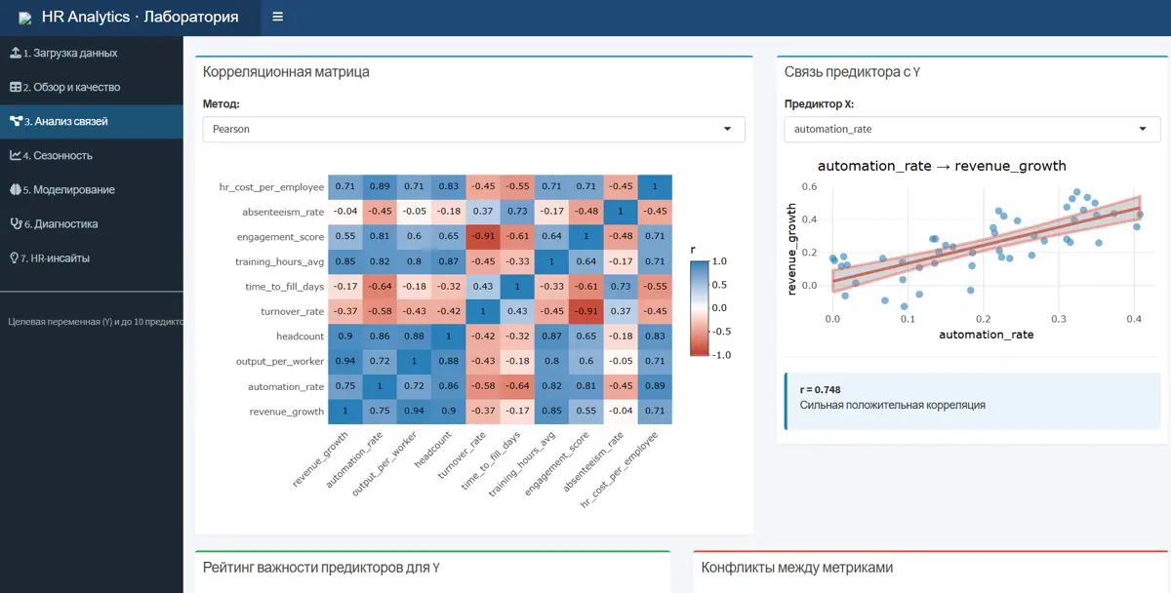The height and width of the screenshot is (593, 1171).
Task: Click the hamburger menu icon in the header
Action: (277, 17)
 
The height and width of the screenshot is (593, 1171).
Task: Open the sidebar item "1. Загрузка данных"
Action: (63, 53)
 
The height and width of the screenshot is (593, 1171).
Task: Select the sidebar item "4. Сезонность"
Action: (51, 155)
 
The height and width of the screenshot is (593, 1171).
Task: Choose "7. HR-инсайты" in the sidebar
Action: (50, 258)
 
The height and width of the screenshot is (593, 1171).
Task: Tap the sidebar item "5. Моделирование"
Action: (62, 189)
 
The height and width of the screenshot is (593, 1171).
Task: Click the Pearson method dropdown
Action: (473, 129)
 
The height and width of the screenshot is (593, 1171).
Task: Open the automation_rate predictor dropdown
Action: (972, 129)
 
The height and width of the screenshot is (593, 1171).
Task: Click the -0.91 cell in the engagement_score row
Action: (483, 236)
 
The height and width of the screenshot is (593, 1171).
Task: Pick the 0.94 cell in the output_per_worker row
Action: (345, 361)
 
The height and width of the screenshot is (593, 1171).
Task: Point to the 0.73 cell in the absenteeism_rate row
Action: (517, 211)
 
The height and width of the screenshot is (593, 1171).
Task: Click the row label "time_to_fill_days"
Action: (284, 287)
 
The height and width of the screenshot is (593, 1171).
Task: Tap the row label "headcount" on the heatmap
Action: (301, 336)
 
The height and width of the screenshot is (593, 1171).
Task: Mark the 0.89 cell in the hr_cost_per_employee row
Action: (380, 186)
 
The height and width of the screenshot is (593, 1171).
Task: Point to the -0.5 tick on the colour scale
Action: (721, 332)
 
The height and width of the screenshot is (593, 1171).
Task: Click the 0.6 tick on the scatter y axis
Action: (809, 186)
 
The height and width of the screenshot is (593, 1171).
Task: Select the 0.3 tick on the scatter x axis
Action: (1059, 319)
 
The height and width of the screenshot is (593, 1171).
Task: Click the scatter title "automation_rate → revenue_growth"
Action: (942, 166)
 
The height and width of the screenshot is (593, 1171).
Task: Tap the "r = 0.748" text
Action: (821, 390)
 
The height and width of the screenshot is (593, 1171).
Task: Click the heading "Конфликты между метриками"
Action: (796, 568)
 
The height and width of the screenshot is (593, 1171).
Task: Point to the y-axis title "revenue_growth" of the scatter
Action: (791, 250)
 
